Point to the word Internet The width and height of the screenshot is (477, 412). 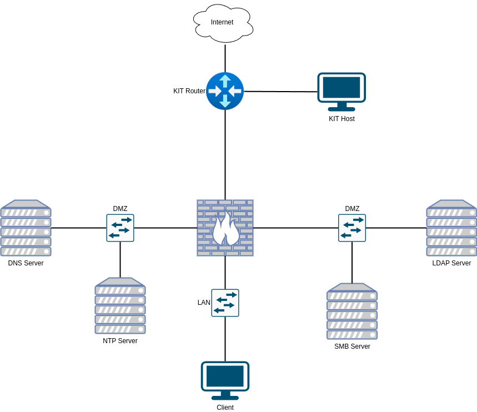point(222,22)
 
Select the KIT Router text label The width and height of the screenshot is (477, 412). point(189,91)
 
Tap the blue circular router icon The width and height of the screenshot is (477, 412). point(225,91)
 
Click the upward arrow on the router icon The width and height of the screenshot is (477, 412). point(225,80)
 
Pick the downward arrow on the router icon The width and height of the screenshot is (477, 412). point(225,102)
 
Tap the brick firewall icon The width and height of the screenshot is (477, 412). point(225,228)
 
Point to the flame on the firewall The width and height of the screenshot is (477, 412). point(225,229)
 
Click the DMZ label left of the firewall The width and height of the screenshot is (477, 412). point(120,209)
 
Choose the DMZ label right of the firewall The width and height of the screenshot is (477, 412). point(353,209)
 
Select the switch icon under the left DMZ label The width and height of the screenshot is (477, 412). point(120,228)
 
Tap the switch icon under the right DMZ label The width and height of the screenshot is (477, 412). point(352,228)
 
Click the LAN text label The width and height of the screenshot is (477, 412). point(204,303)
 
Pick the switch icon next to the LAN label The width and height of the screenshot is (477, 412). point(225,303)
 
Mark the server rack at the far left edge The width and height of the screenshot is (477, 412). point(26,228)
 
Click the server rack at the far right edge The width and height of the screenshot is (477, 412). point(451,228)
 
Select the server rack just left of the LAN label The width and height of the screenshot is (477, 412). point(120,305)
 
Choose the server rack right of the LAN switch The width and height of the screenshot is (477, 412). point(352,311)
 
